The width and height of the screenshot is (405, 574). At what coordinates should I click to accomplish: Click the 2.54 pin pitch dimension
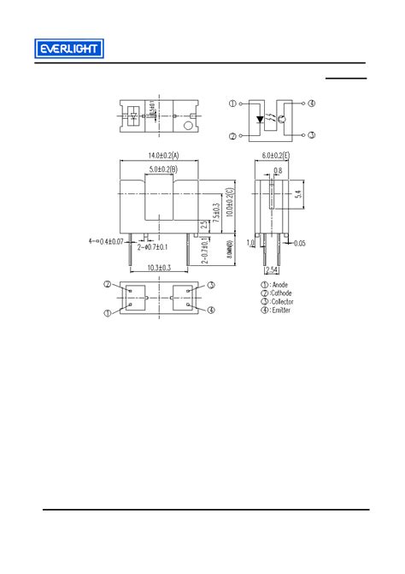click(271, 271)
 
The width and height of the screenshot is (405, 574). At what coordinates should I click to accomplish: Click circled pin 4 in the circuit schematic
click(312, 104)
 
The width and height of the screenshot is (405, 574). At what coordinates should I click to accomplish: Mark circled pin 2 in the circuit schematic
click(232, 136)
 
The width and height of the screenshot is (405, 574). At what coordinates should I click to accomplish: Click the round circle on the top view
click(188, 126)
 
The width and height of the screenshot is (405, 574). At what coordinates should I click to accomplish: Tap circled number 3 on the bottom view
click(210, 284)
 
